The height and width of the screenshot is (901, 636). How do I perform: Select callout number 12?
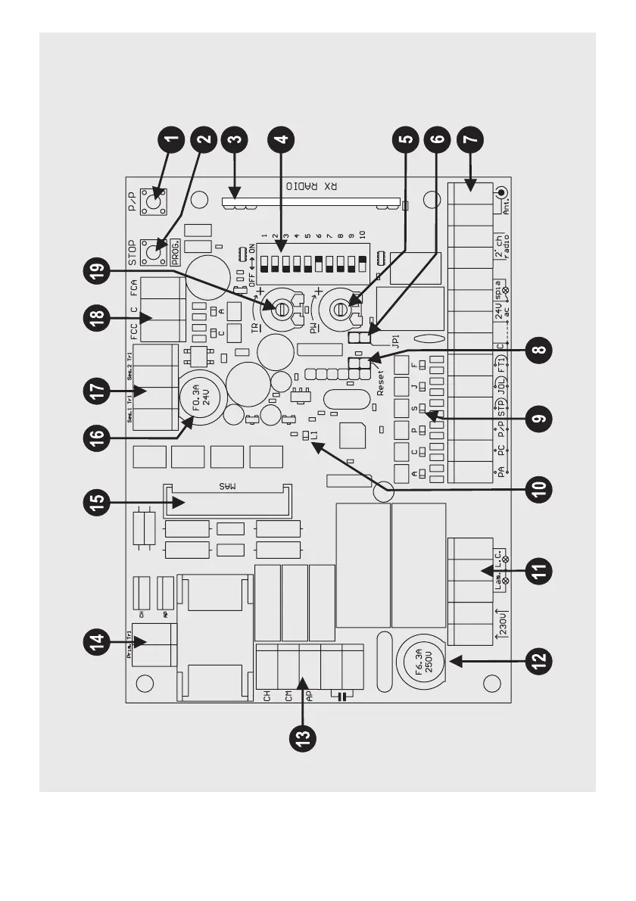tap(539, 660)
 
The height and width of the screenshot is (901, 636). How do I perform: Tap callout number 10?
tap(539, 487)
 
